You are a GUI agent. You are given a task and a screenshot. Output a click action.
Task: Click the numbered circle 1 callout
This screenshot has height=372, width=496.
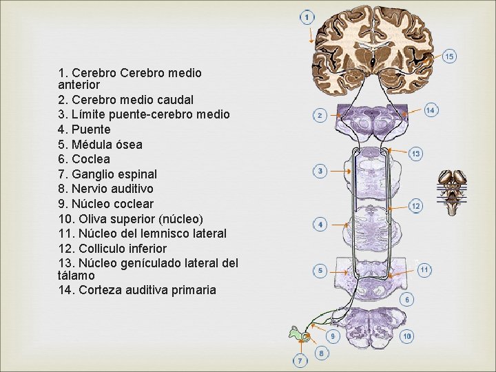pyautogui.click(x=307, y=16)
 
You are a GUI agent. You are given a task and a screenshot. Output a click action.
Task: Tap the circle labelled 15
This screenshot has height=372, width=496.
pyautogui.click(x=448, y=56)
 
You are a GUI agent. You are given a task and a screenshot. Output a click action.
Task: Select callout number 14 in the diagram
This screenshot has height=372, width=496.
pyautogui.click(x=430, y=110)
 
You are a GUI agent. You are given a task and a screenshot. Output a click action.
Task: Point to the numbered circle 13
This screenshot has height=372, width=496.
pyautogui.click(x=415, y=154)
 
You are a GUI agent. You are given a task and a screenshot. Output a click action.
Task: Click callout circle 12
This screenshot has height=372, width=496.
pyautogui.click(x=415, y=205)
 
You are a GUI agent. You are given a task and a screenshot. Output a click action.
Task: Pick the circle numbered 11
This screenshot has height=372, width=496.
pyautogui.click(x=424, y=270)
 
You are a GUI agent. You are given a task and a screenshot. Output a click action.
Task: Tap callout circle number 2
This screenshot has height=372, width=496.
pyautogui.click(x=319, y=115)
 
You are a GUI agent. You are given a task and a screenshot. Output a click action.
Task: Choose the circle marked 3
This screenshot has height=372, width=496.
pyautogui.click(x=320, y=170)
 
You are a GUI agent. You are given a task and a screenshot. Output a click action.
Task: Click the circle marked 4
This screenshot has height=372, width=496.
pyautogui.click(x=320, y=225)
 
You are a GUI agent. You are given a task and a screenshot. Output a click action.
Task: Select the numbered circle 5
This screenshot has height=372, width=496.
pyautogui.click(x=320, y=271)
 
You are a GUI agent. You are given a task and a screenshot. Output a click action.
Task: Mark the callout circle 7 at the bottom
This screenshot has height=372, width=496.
pyautogui.click(x=301, y=360)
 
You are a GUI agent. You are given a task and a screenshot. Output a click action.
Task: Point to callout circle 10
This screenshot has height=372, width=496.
pyautogui.click(x=407, y=336)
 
